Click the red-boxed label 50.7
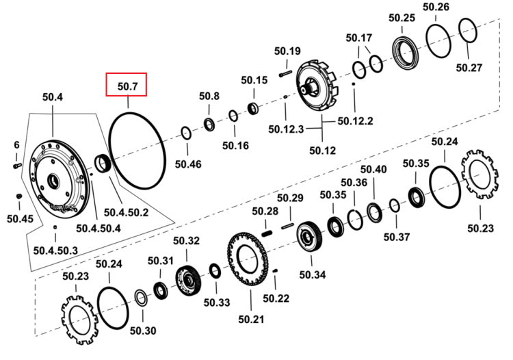click(128, 86)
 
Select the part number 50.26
click(436, 7)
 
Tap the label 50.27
click(469, 68)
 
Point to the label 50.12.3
click(286, 129)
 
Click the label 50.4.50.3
click(55, 250)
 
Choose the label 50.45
click(20, 218)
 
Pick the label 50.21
click(251, 319)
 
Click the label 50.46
click(188, 164)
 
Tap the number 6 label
click(16, 144)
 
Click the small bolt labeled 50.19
click(286, 73)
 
